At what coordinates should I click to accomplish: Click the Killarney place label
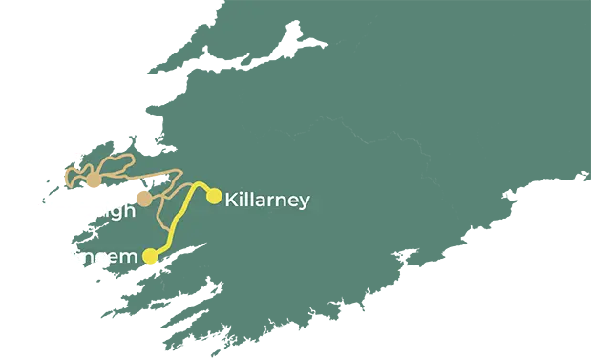pyautogui.click(x=266, y=201)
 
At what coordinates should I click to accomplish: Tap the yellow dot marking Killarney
pyautogui.click(x=215, y=197)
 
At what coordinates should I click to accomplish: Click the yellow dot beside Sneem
pyautogui.click(x=150, y=256)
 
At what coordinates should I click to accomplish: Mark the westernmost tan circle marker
pyautogui.click(x=94, y=181)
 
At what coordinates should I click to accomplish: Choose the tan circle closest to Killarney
pyautogui.click(x=141, y=199)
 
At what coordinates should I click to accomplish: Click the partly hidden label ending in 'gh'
pyautogui.click(x=115, y=212)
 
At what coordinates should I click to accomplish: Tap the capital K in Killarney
pyautogui.click(x=231, y=201)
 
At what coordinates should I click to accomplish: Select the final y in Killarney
pyautogui.click(x=304, y=203)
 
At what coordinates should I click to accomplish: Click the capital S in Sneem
pyautogui.click(x=77, y=256)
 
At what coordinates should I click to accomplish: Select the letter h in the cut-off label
pyautogui.click(x=128, y=211)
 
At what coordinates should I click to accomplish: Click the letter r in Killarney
pyautogui.click(x=272, y=201)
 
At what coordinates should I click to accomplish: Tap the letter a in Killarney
pyautogui.click(x=261, y=201)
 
